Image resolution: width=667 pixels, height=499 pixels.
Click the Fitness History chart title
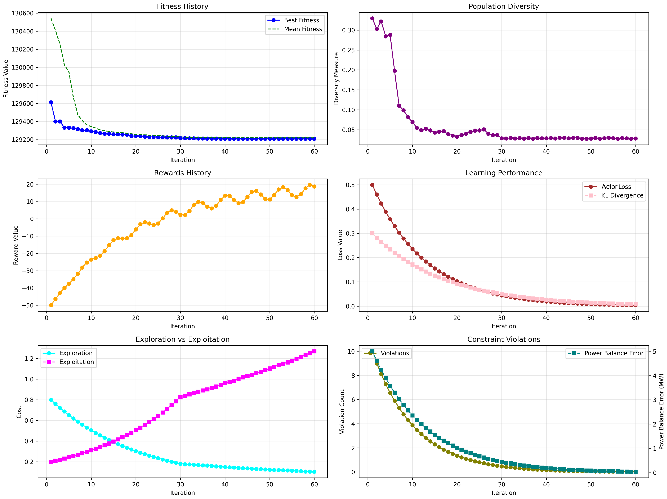tap(182, 6)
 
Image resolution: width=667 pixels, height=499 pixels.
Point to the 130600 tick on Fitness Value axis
tap(22, 13)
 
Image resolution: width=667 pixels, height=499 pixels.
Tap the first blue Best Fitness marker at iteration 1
tap(51, 103)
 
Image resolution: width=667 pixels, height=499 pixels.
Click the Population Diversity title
tap(504, 6)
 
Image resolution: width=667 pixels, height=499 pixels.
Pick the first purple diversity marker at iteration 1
tap(372, 18)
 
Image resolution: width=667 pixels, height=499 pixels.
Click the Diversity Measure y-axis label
tap(336, 78)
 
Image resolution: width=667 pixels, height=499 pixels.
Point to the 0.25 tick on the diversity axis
tap(348, 50)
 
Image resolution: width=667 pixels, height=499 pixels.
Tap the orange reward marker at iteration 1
tap(51, 305)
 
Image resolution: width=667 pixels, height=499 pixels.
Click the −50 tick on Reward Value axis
tap(28, 305)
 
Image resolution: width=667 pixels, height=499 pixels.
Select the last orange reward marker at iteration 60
tap(314, 187)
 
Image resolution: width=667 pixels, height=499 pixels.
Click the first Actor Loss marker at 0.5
tap(372, 185)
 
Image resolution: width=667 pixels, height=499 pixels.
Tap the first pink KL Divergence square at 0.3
tap(372, 233)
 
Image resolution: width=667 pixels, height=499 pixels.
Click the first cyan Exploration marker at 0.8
tap(51, 400)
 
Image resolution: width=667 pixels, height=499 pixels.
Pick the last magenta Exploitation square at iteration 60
tap(314, 352)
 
